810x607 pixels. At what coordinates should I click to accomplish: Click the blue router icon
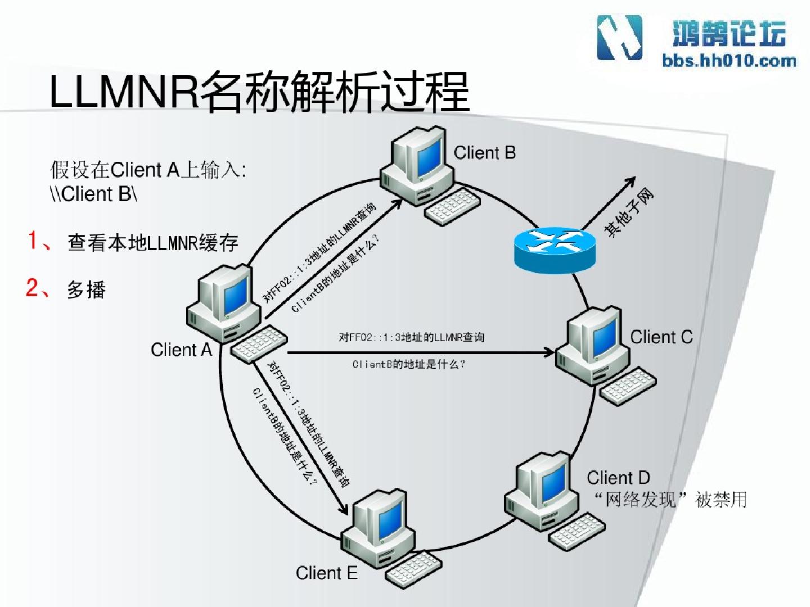point(554,248)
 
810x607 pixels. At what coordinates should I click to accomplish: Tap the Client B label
point(484,153)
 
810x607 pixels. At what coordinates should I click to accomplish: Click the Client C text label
point(661,337)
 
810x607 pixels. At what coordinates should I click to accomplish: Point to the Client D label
point(618,478)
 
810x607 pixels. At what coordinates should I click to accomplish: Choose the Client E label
point(326,573)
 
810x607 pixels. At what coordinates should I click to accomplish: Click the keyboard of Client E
point(413,568)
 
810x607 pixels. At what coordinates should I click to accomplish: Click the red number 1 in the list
point(34,241)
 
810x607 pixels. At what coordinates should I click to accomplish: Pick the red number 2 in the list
point(33,288)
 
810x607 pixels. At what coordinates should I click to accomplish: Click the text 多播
point(86,290)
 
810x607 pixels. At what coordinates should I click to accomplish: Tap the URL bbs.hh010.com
point(729,61)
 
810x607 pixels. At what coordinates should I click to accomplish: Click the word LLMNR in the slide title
point(124,91)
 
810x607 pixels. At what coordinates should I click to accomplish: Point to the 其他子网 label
point(629,214)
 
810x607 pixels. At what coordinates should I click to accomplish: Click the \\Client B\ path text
point(93,194)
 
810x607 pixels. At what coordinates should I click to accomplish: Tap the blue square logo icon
point(619,37)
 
